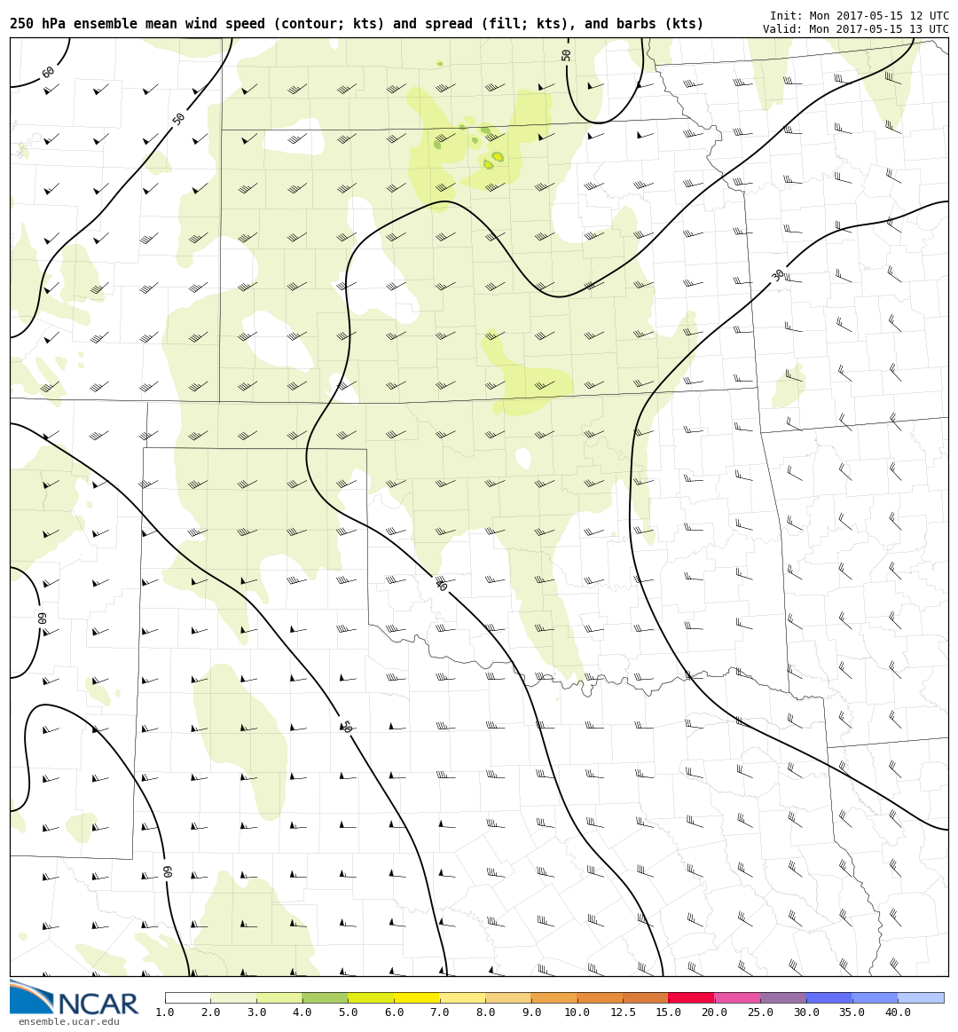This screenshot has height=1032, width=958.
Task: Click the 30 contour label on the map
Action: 778,275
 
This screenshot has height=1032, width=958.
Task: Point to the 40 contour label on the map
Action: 441,586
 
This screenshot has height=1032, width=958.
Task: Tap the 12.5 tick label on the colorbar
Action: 623,1012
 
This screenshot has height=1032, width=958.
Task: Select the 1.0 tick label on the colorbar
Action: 165,1012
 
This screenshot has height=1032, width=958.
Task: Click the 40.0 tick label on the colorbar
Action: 898,1012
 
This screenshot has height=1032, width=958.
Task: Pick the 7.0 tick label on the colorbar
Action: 440,1012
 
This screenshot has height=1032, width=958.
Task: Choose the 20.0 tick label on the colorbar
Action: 714,1012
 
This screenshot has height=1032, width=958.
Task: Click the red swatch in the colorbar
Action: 691,997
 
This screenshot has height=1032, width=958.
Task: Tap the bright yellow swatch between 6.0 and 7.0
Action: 417,997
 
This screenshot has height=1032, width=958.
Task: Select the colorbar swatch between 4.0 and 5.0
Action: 325,997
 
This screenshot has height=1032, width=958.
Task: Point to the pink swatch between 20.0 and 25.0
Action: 737,997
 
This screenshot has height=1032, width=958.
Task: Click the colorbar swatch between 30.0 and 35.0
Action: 828,997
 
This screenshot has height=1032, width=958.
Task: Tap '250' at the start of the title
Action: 21,24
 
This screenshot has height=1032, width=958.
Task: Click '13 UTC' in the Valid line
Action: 927,29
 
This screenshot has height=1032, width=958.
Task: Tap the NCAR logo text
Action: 98,1004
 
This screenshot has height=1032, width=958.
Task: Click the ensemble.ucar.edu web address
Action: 68,1022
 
